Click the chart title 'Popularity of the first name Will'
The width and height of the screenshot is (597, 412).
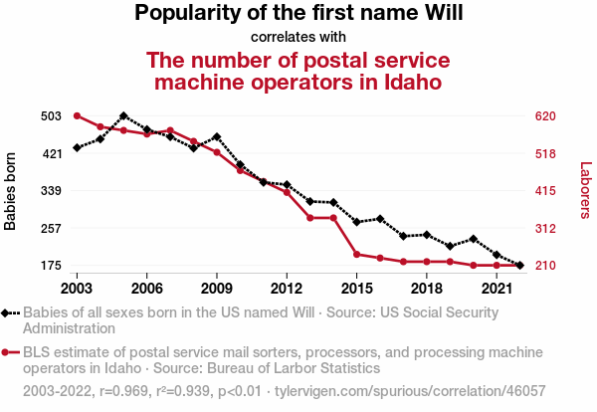click(x=298, y=14)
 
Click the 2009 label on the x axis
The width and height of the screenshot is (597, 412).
click(x=217, y=288)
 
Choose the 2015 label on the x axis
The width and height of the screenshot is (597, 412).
click(x=356, y=288)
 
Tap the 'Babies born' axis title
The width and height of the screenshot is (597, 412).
click(x=11, y=191)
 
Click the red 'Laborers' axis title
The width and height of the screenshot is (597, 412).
click(x=585, y=191)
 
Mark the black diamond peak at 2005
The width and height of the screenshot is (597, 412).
click(x=123, y=116)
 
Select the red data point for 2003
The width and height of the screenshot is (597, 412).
click(x=77, y=116)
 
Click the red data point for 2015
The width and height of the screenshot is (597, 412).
click(x=356, y=255)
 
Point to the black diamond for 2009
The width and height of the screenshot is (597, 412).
click(x=217, y=136)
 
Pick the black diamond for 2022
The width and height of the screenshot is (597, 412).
click(x=519, y=266)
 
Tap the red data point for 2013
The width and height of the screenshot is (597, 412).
click(x=309, y=218)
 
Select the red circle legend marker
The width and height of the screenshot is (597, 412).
click(x=8, y=352)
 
